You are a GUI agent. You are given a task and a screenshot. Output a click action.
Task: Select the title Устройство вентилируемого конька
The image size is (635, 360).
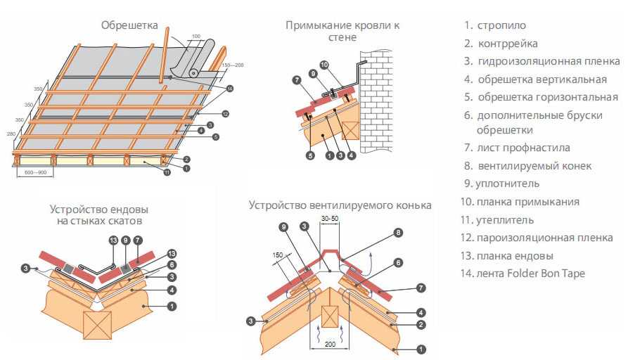pyautogui.click(x=340, y=205)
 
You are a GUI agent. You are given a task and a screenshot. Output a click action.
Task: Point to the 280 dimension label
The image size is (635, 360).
pyautogui.click(x=11, y=133)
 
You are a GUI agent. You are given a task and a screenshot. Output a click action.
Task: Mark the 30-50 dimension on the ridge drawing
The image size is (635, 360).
pyautogui.click(x=330, y=219)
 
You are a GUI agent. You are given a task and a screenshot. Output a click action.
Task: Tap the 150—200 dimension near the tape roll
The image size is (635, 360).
pyautogui.click(x=233, y=65)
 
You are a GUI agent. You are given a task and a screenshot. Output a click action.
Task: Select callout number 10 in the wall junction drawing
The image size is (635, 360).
pyautogui.click(x=324, y=65)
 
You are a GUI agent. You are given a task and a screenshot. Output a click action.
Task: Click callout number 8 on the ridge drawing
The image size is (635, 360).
pyautogui.click(x=398, y=232)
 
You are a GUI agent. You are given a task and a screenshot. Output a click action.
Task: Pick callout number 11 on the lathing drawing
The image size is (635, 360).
pyautogui.click(x=167, y=172)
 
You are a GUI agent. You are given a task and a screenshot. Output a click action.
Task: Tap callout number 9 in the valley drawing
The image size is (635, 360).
pyautogui.click(x=124, y=240)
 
